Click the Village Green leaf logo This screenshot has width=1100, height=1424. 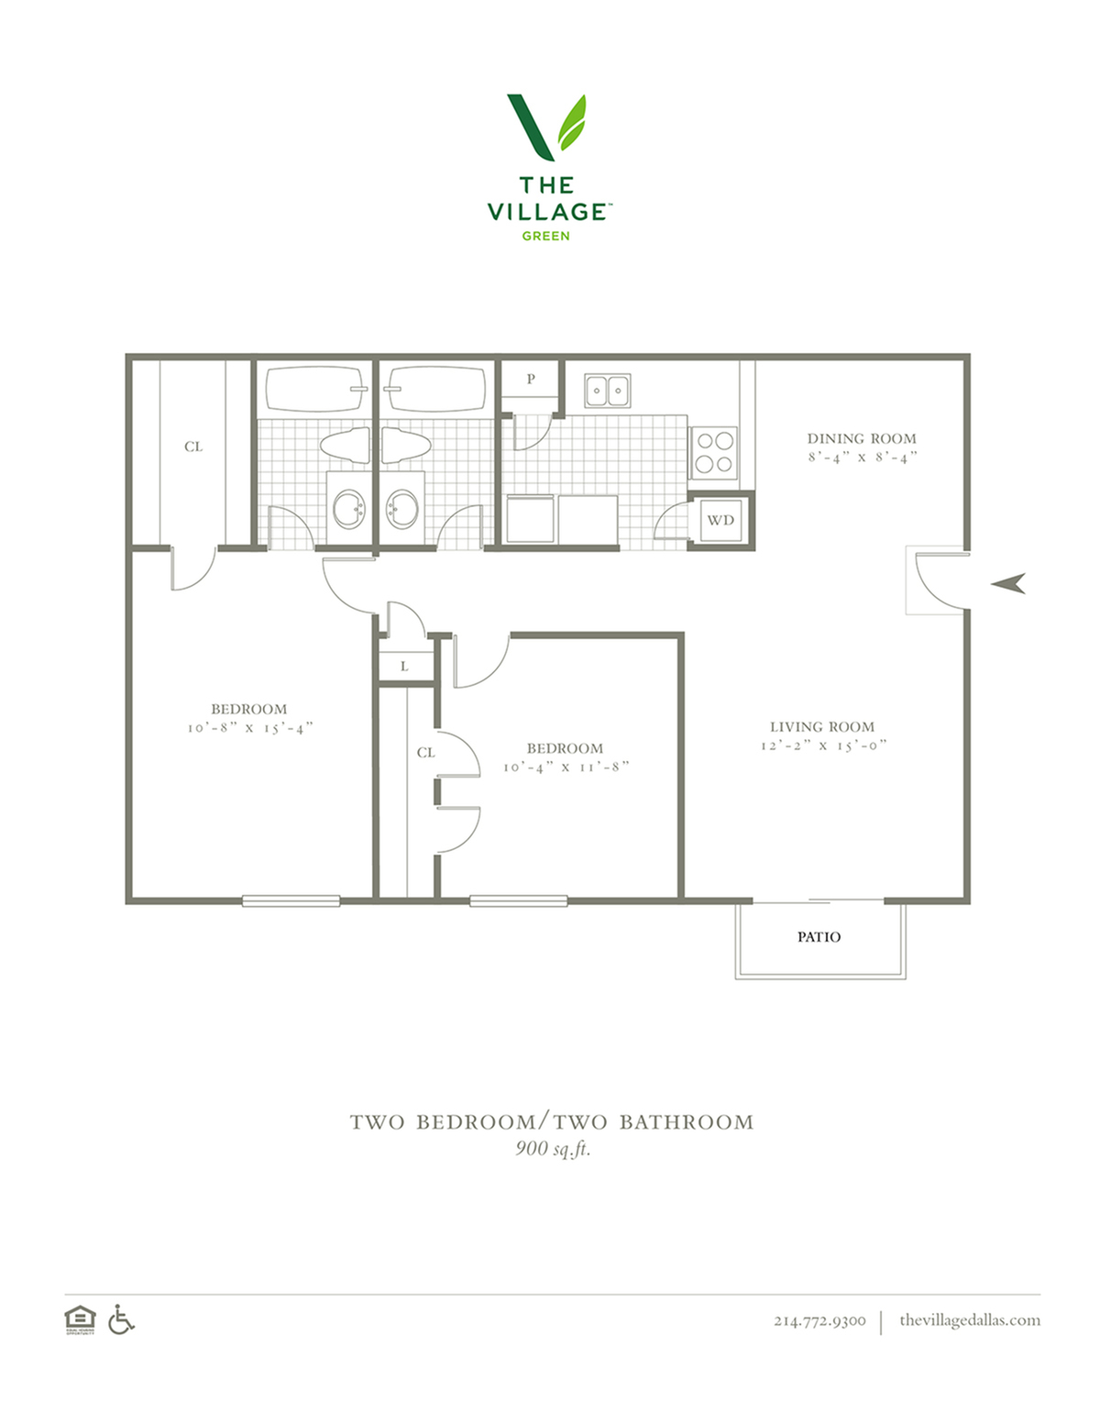546,127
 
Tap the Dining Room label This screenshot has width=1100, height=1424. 862,438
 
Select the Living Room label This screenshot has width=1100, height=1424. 822,727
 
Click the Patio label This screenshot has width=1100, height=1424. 819,937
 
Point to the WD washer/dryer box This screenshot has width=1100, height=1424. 720,520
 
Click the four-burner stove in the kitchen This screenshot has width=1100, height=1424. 714,453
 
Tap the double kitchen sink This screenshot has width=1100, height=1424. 608,391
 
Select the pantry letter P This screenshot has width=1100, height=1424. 531,379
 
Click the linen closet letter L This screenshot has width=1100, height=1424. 404,667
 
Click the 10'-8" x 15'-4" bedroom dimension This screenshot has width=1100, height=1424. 250,727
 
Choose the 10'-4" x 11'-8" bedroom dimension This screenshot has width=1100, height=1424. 566,767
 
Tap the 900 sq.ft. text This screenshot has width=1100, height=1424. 553,1148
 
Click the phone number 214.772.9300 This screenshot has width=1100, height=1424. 819,1320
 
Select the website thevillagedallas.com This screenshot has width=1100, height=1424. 970,1319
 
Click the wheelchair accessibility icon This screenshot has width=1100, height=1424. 121,1319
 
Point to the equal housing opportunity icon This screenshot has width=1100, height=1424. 80,1319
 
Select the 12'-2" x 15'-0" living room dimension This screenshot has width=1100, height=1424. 823,745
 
